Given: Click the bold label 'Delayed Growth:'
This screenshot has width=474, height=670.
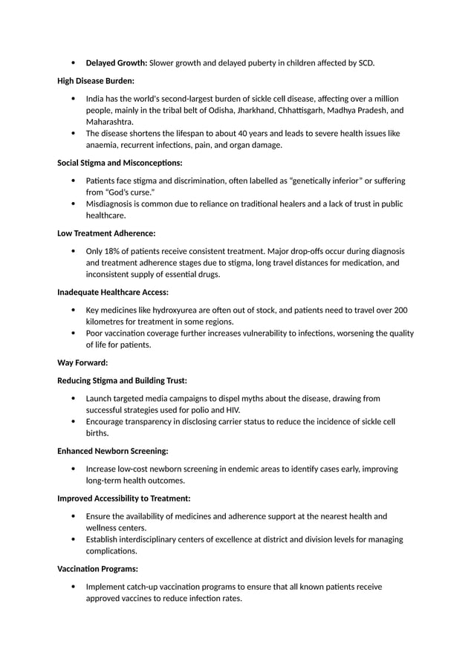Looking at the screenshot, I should pos(117,63).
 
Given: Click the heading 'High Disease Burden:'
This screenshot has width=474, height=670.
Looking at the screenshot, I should pos(96,80).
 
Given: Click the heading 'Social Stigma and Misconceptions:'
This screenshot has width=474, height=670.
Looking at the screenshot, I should pos(120,163).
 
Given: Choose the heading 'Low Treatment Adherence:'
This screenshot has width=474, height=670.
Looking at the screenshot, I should pos(106,233).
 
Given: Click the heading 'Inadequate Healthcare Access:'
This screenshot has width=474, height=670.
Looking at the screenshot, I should pos(113,292).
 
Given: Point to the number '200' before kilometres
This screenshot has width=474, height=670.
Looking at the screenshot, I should pos(400,310).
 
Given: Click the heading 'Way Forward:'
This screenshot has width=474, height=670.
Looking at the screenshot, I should pos(82,362).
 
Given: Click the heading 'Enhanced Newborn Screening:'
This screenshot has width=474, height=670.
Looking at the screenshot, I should pos(112,451).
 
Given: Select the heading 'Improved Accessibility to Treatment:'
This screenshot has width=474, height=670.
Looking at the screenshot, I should pos(124,498).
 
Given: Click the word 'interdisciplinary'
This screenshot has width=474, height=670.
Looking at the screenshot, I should pos(156,539).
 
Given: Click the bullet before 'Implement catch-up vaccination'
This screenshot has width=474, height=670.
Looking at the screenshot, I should pos(73,587).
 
